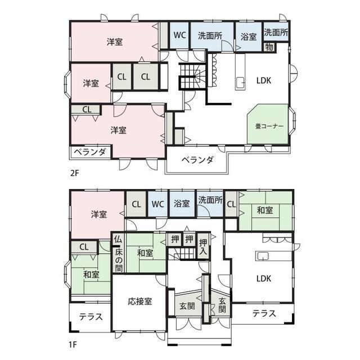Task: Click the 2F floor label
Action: [75, 173]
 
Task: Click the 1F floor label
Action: [73, 344]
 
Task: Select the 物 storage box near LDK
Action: [269, 47]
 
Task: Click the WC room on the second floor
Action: [179, 35]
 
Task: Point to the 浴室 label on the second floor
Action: [249, 37]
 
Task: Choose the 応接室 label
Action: [140, 301]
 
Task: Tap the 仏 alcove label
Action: [118, 240]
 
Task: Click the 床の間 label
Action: [119, 260]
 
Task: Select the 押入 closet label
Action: [203, 247]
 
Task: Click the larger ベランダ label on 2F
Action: [197, 160]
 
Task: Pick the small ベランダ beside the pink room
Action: [90, 151]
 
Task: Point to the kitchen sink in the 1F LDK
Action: [263, 256]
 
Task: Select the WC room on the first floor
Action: [158, 204]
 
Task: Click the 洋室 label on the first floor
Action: [99, 214]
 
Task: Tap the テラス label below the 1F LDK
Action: [264, 313]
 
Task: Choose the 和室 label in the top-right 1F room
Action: [265, 210]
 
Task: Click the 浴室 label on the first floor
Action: [182, 204]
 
